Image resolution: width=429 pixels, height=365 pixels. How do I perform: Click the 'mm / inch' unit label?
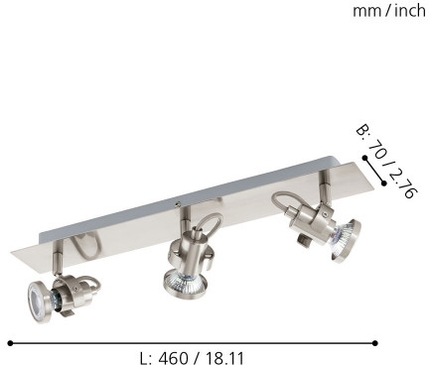[x=389, y=11]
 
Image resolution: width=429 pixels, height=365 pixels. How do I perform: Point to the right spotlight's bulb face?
[x=345, y=240]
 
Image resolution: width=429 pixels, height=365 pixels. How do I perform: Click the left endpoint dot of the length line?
[x=10, y=343]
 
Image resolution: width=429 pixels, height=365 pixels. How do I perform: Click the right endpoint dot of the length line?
[x=375, y=343]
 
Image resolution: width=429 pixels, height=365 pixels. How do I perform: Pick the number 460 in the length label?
[x=174, y=358]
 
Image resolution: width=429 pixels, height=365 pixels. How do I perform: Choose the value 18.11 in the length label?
[x=225, y=358]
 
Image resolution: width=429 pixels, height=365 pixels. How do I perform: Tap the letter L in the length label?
[x=144, y=358]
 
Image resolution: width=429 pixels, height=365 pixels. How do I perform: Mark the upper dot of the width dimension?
[x=364, y=158]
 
